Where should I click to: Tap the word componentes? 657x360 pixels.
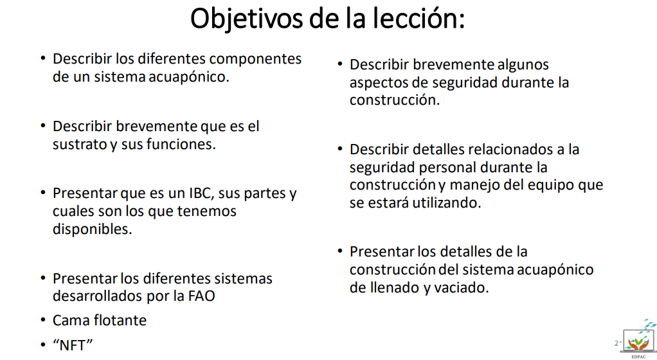(x=255, y=60)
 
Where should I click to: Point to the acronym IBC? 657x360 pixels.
(x=202, y=194)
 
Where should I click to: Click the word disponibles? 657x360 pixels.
(x=92, y=230)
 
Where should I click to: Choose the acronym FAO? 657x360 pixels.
(x=202, y=296)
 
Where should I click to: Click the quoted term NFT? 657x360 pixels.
(x=73, y=345)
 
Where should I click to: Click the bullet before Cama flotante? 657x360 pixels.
(x=42, y=321)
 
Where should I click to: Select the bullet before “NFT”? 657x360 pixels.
(x=42, y=345)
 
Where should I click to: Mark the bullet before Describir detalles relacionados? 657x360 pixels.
(x=340, y=148)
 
